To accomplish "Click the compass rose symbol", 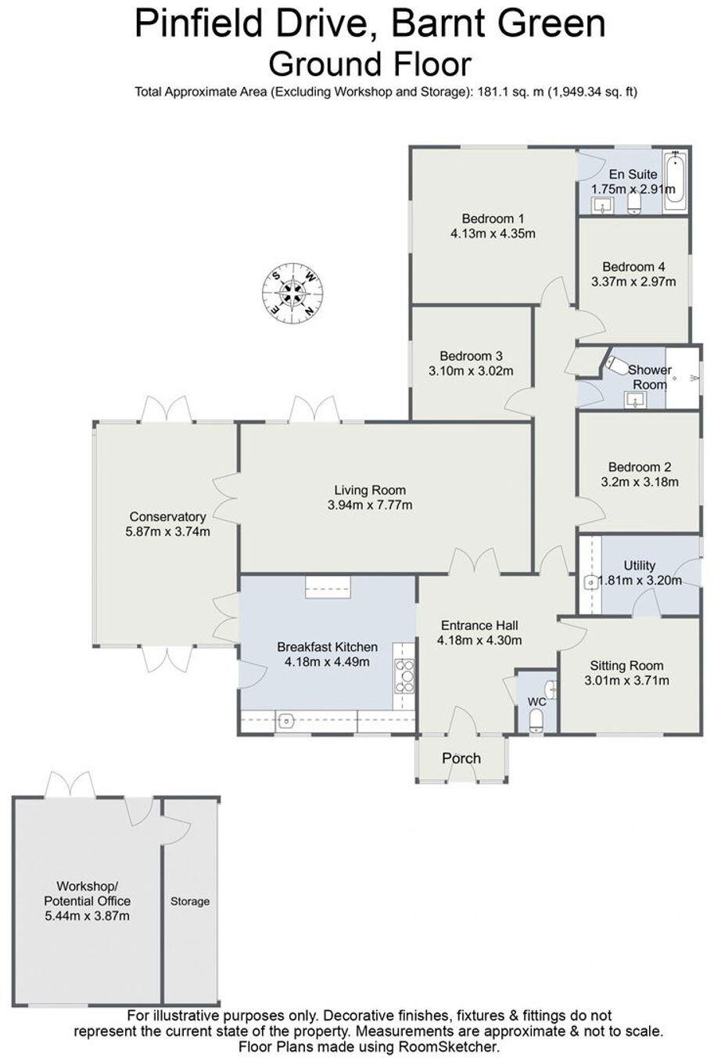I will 292,293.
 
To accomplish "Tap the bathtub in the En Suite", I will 675,182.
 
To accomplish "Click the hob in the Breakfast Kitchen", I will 406,675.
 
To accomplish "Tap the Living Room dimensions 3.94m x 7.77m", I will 370,506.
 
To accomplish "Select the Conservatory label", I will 167,516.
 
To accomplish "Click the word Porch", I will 461,758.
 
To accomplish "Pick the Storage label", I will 190,901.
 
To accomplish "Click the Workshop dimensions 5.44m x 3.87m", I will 87,916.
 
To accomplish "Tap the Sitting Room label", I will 626,665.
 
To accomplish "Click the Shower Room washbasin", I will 637,401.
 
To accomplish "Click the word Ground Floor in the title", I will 370,63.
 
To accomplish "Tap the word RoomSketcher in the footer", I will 452,1046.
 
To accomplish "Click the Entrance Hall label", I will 479,625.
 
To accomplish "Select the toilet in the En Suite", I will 634,205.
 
